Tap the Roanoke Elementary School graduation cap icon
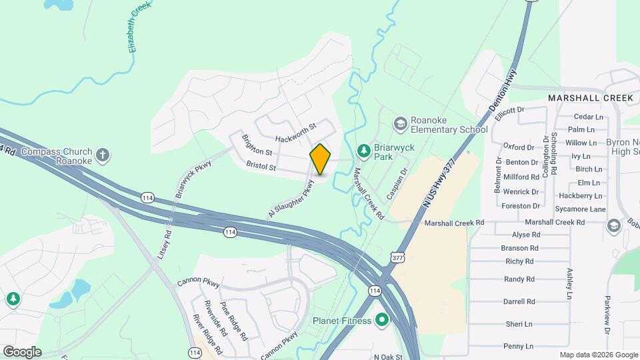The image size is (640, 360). point(400,124)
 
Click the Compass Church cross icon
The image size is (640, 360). point(102,156)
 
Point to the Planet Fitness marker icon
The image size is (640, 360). point(382,321)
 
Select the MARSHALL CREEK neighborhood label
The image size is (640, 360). point(590,98)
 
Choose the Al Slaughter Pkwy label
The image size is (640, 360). point(291,199)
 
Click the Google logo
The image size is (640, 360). point(22,351)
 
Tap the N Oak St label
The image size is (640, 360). point(389,357)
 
